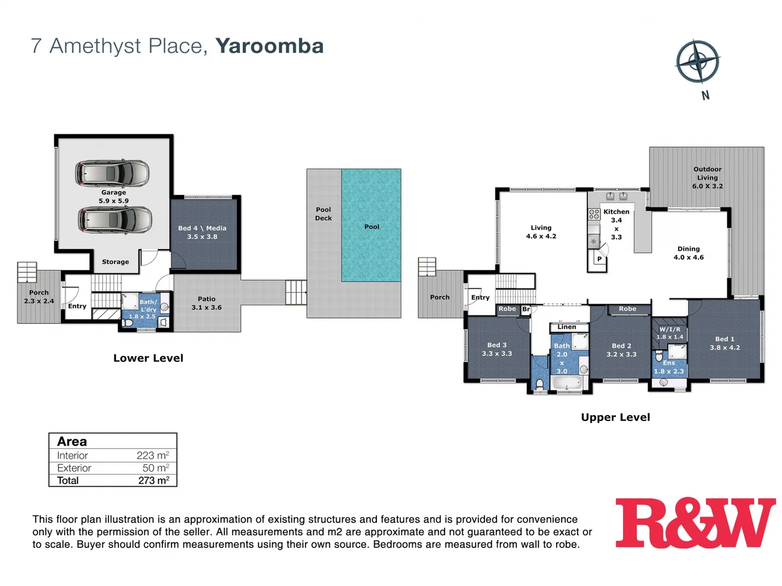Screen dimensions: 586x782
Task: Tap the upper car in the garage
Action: pos(112,173)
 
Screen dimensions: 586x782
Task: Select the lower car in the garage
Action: pos(115,220)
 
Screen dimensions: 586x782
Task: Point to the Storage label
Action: pos(115,262)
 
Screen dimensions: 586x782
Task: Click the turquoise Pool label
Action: pos(371,227)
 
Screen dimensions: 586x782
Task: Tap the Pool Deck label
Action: pos(323,214)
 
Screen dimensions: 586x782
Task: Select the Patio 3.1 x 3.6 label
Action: pos(206,303)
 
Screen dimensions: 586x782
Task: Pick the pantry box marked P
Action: pos(599,259)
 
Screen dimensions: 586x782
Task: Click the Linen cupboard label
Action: pos(566,327)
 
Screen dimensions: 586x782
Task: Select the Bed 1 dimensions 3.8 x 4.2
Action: pos(724,348)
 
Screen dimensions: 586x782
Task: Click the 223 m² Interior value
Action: pos(153,455)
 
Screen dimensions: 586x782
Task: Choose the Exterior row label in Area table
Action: pos(74,468)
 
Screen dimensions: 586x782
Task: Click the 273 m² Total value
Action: pos(154,480)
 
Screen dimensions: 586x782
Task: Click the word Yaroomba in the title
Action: pos(269,46)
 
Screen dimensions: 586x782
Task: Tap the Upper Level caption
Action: pos(615,417)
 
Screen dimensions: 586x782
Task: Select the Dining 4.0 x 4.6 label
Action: pos(688,253)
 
